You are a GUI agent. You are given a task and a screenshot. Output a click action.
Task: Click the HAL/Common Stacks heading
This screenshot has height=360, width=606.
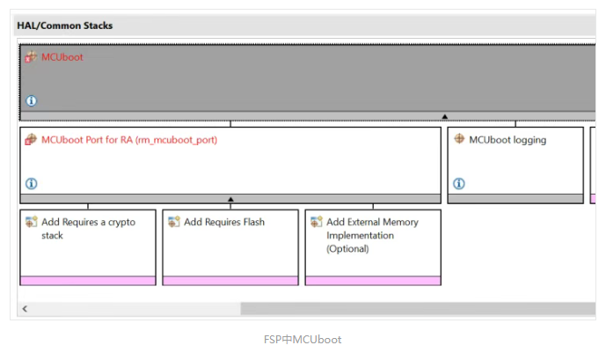64,26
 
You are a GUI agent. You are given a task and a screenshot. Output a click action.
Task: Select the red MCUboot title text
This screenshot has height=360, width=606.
62,57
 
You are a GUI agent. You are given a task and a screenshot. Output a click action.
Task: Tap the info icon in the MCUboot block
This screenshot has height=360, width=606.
32,101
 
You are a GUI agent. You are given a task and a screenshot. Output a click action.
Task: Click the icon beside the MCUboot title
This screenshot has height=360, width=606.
31,57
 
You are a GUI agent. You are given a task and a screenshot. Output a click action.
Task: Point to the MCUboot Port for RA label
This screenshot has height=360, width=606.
129,140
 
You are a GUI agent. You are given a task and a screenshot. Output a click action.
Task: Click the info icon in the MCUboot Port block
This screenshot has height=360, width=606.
32,183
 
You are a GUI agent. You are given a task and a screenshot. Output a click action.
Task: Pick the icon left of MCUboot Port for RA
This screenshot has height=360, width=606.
31,139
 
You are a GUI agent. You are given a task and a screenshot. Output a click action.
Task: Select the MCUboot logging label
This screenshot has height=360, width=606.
507,140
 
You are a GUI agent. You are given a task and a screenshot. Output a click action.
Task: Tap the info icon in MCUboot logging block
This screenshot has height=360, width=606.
459,183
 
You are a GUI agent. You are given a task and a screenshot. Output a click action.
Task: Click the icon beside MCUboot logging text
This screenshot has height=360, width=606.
459,138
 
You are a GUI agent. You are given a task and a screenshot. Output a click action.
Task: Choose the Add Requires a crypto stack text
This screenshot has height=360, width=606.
89,229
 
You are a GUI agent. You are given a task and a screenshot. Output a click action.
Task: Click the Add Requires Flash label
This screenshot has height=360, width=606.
224,222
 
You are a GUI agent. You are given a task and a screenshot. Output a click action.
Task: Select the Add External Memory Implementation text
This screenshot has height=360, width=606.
372,235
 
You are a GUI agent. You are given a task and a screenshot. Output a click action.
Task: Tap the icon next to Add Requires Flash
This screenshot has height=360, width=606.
174,222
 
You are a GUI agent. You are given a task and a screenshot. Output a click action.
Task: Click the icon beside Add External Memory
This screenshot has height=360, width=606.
316,222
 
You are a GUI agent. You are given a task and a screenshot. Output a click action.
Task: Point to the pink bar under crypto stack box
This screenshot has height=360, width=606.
88,281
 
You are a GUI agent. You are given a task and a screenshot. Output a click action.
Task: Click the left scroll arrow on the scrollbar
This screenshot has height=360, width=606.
25,309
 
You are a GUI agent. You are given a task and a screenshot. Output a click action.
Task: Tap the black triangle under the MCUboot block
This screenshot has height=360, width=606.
445,116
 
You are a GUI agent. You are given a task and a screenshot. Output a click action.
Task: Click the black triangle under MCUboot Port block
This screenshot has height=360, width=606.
230,199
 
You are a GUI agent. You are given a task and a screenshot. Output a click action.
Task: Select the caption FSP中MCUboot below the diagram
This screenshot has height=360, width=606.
303,340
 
